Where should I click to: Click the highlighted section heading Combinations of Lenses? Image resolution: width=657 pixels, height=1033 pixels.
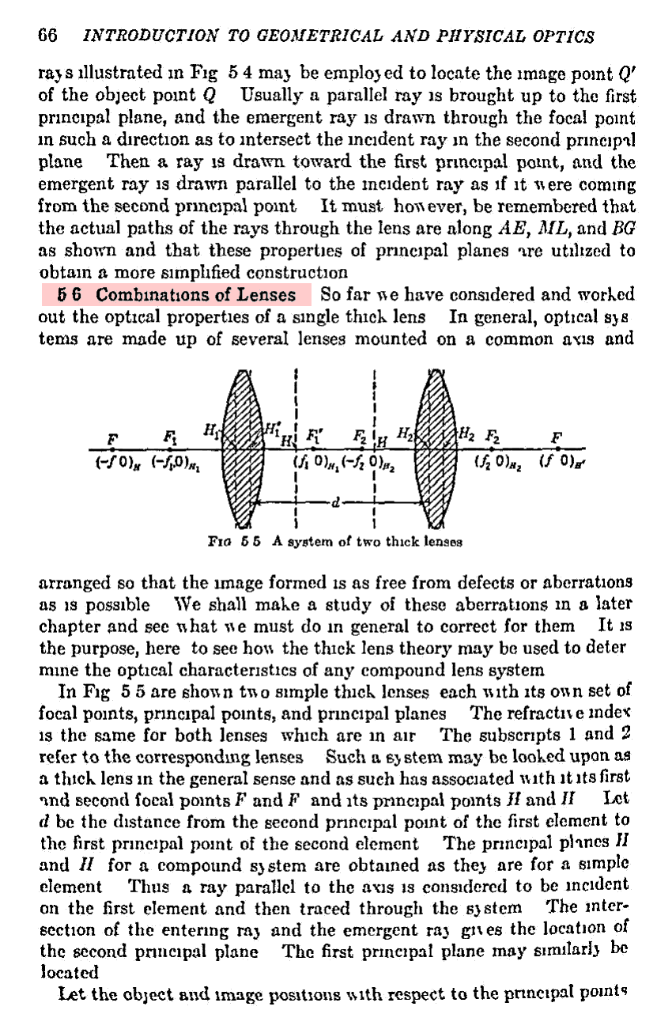click(177, 296)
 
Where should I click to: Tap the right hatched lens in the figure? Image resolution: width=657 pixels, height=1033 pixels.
click(437, 447)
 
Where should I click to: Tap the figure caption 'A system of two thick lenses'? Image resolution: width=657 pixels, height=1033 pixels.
click(367, 542)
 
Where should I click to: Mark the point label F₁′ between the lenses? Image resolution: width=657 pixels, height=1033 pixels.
click(316, 435)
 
